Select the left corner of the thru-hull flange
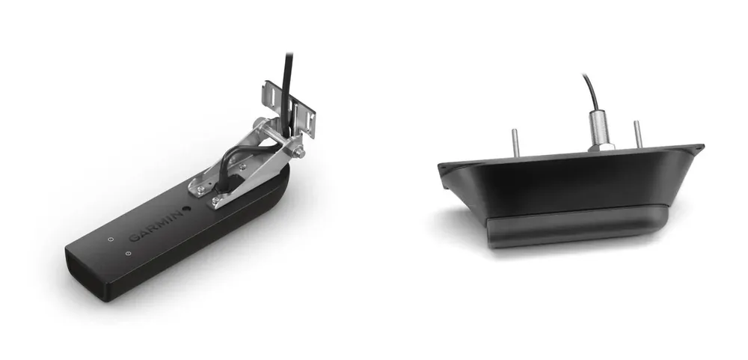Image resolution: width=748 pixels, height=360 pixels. [444, 168]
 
